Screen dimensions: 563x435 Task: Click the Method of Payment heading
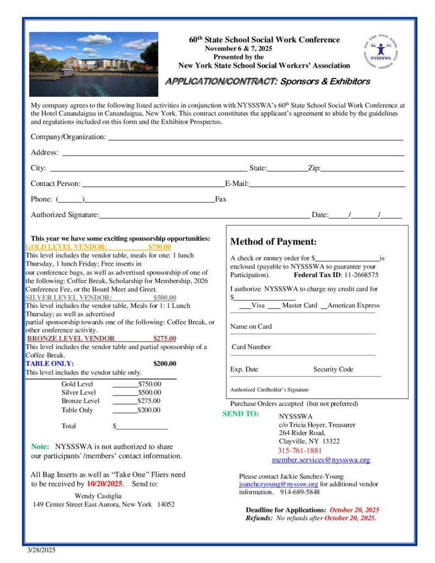(273, 241)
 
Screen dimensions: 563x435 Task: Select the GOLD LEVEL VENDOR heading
(67, 247)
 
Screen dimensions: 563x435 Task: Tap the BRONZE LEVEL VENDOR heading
(71, 339)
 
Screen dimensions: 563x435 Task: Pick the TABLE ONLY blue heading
(49, 363)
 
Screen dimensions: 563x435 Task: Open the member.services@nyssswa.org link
(321, 460)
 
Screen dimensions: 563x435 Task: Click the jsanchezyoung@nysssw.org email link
(278, 484)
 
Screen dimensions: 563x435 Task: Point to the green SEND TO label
(240, 414)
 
